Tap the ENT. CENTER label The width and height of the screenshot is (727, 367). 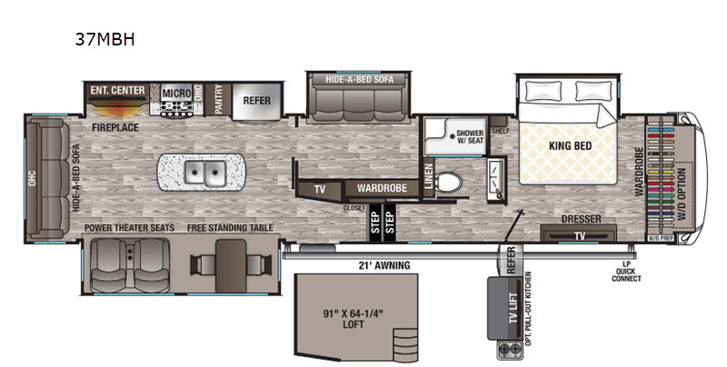pos(116,91)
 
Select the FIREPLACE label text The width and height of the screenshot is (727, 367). pos(115,128)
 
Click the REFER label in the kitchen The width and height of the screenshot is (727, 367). pos(256,100)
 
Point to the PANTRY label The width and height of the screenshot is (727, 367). pos(218,100)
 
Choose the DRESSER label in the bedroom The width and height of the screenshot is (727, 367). pos(578,219)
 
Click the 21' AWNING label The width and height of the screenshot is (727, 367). pos(384,265)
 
